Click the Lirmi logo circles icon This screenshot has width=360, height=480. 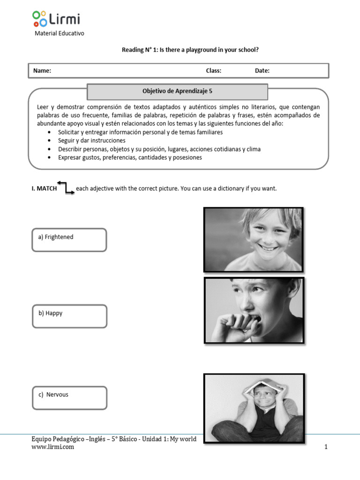39,19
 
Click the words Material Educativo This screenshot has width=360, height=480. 60,34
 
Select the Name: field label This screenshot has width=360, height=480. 42,71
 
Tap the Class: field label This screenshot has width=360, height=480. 213,71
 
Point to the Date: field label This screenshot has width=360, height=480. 262,71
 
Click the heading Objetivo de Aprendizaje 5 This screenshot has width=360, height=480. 177,91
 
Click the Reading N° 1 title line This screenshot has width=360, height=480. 190,50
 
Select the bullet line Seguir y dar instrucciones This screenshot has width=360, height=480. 91,141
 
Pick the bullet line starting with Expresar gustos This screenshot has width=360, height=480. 130,157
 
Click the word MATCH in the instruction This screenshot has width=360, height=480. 46,188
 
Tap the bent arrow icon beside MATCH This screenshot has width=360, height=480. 66,187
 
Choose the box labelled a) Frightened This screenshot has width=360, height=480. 69,240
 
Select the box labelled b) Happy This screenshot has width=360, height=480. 69,316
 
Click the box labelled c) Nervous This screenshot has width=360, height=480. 69,397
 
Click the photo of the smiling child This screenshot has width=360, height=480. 253,240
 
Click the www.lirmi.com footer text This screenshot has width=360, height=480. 52,447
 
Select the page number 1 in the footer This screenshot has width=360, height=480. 326,447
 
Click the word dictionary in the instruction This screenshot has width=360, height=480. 230,188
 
